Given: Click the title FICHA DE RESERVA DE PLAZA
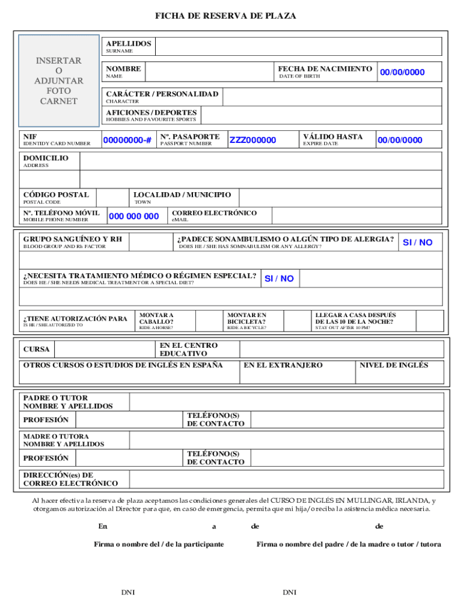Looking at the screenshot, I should click(x=225, y=16).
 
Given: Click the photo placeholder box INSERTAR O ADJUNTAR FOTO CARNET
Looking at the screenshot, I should click(x=58, y=80).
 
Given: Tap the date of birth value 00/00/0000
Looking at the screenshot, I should click(x=402, y=73).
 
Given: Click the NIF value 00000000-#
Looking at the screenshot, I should click(x=127, y=141).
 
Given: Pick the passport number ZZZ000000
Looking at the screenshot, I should click(x=253, y=141).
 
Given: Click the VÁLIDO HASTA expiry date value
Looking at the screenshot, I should click(x=400, y=141).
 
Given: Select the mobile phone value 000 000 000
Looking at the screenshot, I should click(x=133, y=217).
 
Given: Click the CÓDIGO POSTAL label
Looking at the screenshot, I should click(x=56, y=195).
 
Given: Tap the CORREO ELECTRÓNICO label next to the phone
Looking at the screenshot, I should click(x=214, y=213).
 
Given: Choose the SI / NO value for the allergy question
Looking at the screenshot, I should click(x=417, y=243).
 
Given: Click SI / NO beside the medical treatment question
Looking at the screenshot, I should click(x=279, y=279).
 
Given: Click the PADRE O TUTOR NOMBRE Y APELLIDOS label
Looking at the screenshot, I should click(x=68, y=402).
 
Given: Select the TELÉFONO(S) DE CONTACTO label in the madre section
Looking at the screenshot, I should click(x=216, y=458).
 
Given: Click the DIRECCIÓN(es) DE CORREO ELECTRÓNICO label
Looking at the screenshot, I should click(x=70, y=479).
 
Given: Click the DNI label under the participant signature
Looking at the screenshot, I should click(x=127, y=593).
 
